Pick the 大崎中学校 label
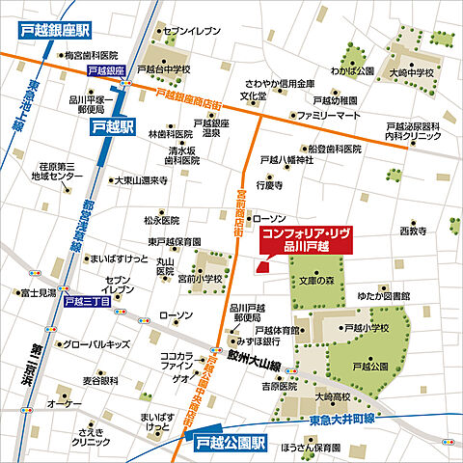(x=412, y=71)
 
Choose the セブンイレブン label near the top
(x=193, y=32)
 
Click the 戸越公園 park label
(x=371, y=368)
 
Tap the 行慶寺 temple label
(x=269, y=183)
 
